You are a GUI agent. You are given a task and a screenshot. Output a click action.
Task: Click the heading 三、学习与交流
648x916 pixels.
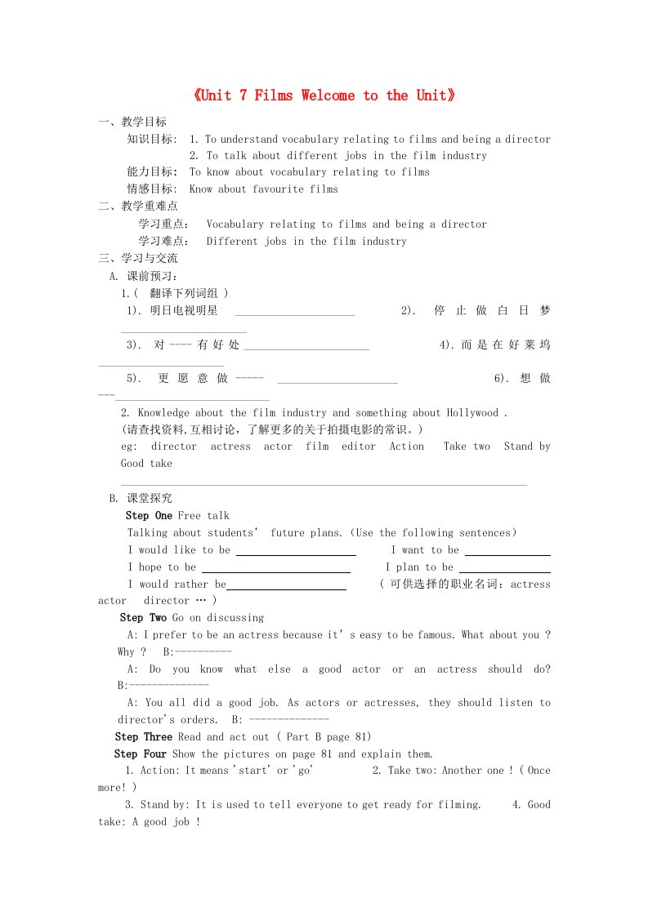click(137, 259)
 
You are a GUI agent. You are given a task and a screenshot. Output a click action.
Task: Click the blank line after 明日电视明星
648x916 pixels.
click(295, 313)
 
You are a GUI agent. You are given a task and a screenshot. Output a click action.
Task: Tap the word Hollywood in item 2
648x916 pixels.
click(471, 413)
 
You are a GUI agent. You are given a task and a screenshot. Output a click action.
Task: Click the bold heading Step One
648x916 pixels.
click(149, 516)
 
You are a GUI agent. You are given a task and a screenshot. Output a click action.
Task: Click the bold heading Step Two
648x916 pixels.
click(143, 618)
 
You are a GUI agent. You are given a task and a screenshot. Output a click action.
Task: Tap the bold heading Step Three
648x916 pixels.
click(143, 737)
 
